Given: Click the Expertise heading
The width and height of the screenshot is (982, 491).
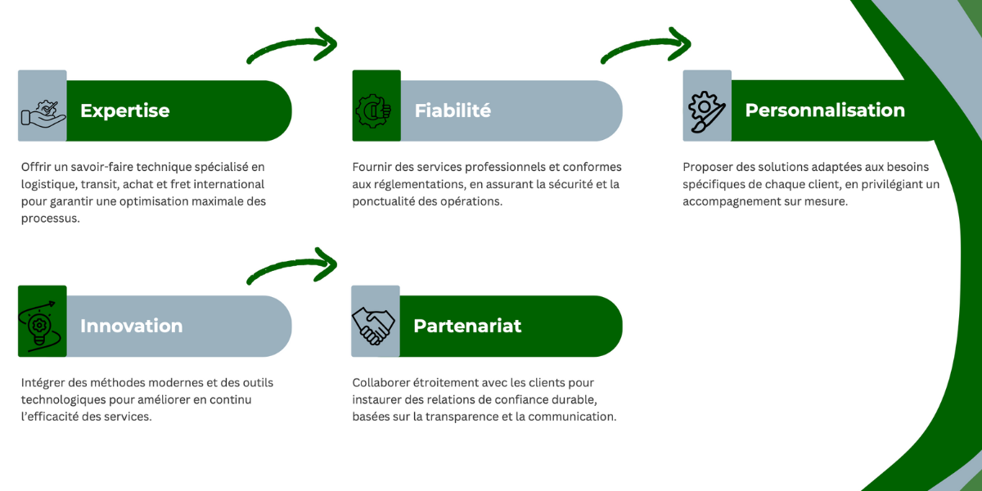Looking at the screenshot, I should (x=124, y=110).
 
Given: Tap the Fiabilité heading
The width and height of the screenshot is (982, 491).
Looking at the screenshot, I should (x=453, y=110).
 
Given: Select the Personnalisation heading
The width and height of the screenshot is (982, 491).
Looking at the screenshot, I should (x=825, y=110).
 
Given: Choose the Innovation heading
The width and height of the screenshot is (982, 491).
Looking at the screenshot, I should (x=131, y=326).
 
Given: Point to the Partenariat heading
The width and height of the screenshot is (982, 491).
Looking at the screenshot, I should (x=467, y=326).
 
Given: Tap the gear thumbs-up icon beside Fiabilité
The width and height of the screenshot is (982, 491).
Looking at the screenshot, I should (x=376, y=109).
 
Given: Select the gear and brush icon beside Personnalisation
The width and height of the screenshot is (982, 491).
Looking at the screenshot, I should (x=706, y=110).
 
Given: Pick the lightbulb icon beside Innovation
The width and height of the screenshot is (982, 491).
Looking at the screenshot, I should (x=42, y=323).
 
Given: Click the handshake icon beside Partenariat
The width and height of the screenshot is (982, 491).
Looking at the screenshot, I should (x=374, y=325).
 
